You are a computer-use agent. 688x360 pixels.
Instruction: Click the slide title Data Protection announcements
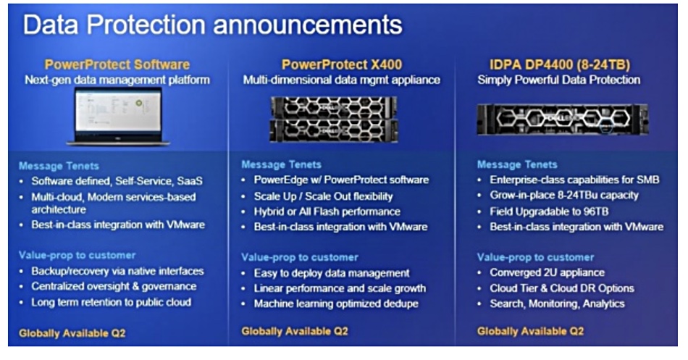(x=212, y=25)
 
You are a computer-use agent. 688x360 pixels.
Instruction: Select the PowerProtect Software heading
(x=117, y=64)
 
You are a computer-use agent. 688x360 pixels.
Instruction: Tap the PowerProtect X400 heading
(x=341, y=64)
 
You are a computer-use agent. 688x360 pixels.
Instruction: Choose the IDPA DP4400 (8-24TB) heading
(x=559, y=65)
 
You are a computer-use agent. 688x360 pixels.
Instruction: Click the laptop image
(x=118, y=117)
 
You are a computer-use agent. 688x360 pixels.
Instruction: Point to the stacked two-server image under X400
(x=334, y=119)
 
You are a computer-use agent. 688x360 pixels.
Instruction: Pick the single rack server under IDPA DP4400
(x=563, y=120)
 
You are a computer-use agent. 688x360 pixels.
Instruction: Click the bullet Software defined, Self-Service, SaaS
(x=117, y=181)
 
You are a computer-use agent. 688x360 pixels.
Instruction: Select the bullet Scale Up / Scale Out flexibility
(x=324, y=196)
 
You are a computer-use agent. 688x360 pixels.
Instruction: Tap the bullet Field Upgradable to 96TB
(x=549, y=212)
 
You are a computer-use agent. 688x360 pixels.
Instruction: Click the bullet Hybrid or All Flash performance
(x=327, y=212)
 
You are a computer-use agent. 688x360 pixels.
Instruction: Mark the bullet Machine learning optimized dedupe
(x=336, y=304)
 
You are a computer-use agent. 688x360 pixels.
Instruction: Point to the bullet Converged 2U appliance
(x=548, y=272)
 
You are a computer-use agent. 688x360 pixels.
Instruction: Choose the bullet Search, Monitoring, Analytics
(x=557, y=304)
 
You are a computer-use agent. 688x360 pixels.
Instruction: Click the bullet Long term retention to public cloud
(x=111, y=302)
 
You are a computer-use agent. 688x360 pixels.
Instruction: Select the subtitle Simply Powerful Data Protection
(x=558, y=80)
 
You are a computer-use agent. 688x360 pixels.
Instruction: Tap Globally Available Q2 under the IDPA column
(x=530, y=331)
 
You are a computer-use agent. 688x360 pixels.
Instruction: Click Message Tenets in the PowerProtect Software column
(x=59, y=166)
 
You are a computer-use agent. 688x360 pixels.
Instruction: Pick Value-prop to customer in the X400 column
(x=300, y=257)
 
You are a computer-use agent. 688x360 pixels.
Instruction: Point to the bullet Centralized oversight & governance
(x=114, y=286)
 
